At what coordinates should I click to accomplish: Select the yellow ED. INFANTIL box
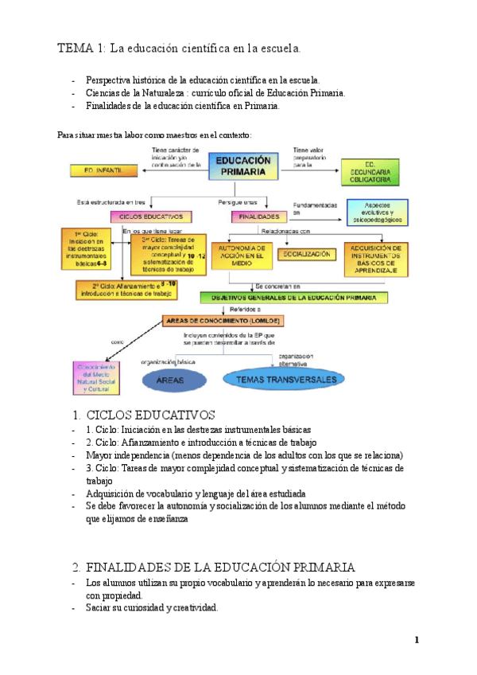point(100,170)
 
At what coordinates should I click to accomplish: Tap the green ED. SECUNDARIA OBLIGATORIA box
point(374,170)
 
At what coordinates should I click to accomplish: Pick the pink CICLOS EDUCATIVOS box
point(151,216)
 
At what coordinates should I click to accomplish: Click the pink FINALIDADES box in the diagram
point(258,216)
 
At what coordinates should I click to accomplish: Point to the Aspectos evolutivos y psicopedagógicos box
point(378,213)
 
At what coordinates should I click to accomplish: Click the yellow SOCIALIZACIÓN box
point(305,254)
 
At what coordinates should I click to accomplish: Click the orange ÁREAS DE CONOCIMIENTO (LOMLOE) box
point(212,321)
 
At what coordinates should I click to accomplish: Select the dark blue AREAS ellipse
point(170,380)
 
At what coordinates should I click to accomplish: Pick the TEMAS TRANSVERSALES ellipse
point(283,379)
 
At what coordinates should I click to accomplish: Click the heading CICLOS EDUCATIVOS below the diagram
point(150,415)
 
